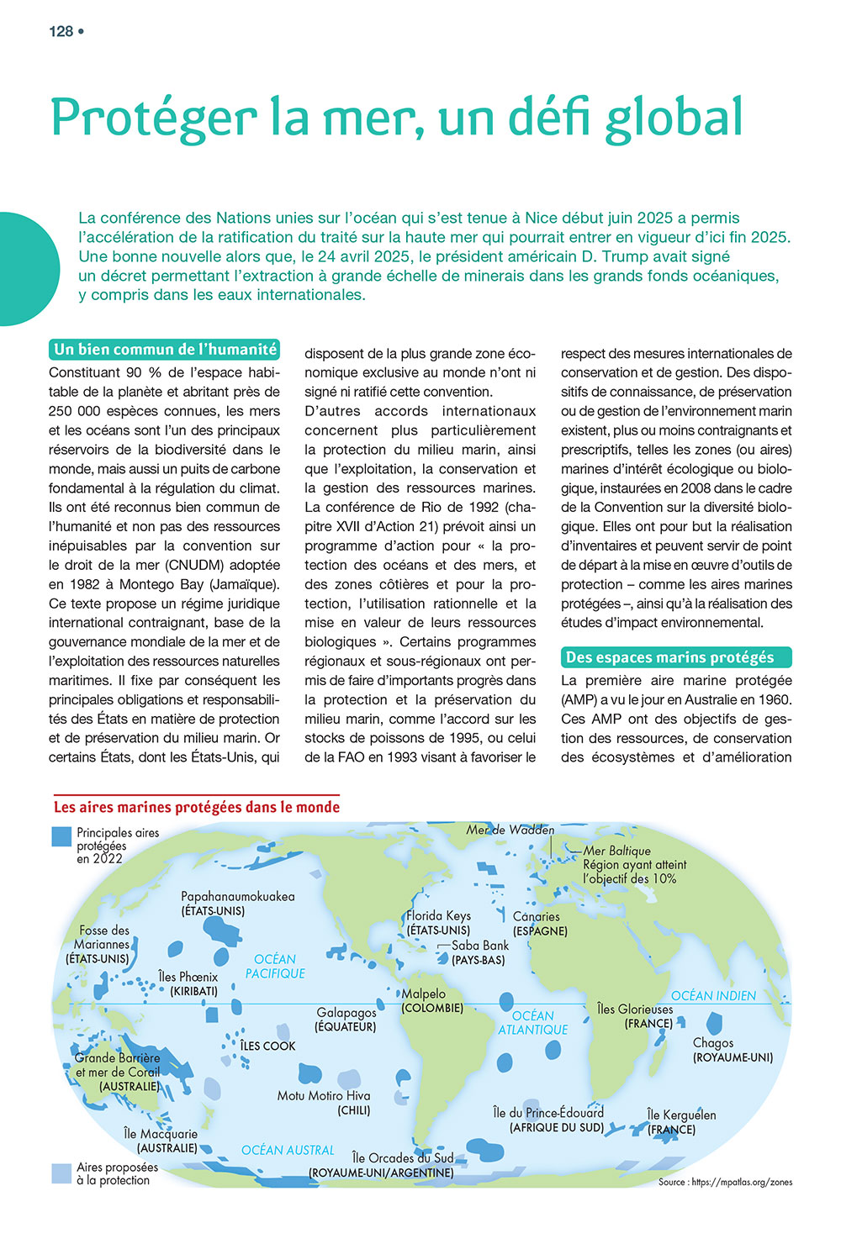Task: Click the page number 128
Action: (x=61, y=32)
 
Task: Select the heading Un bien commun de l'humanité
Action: (x=165, y=350)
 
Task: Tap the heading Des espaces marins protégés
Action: (x=669, y=657)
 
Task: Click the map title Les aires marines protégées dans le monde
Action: (x=197, y=807)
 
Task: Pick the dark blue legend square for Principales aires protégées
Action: (x=61, y=836)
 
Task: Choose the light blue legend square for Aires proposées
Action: (x=61, y=1173)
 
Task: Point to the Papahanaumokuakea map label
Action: (x=238, y=897)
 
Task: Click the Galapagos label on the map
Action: (x=346, y=1013)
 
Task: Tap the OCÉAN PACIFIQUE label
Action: (x=275, y=966)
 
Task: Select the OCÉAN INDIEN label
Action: (x=713, y=996)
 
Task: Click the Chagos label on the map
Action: (x=713, y=1043)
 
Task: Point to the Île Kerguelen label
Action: (x=681, y=1115)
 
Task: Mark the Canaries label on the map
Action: (x=537, y=917)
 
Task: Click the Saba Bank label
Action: (x=480, y=946)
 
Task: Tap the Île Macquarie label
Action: (x=161, y=1134)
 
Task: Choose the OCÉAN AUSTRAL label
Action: (x=288, y=1150)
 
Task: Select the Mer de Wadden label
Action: (x=510, y=830)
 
